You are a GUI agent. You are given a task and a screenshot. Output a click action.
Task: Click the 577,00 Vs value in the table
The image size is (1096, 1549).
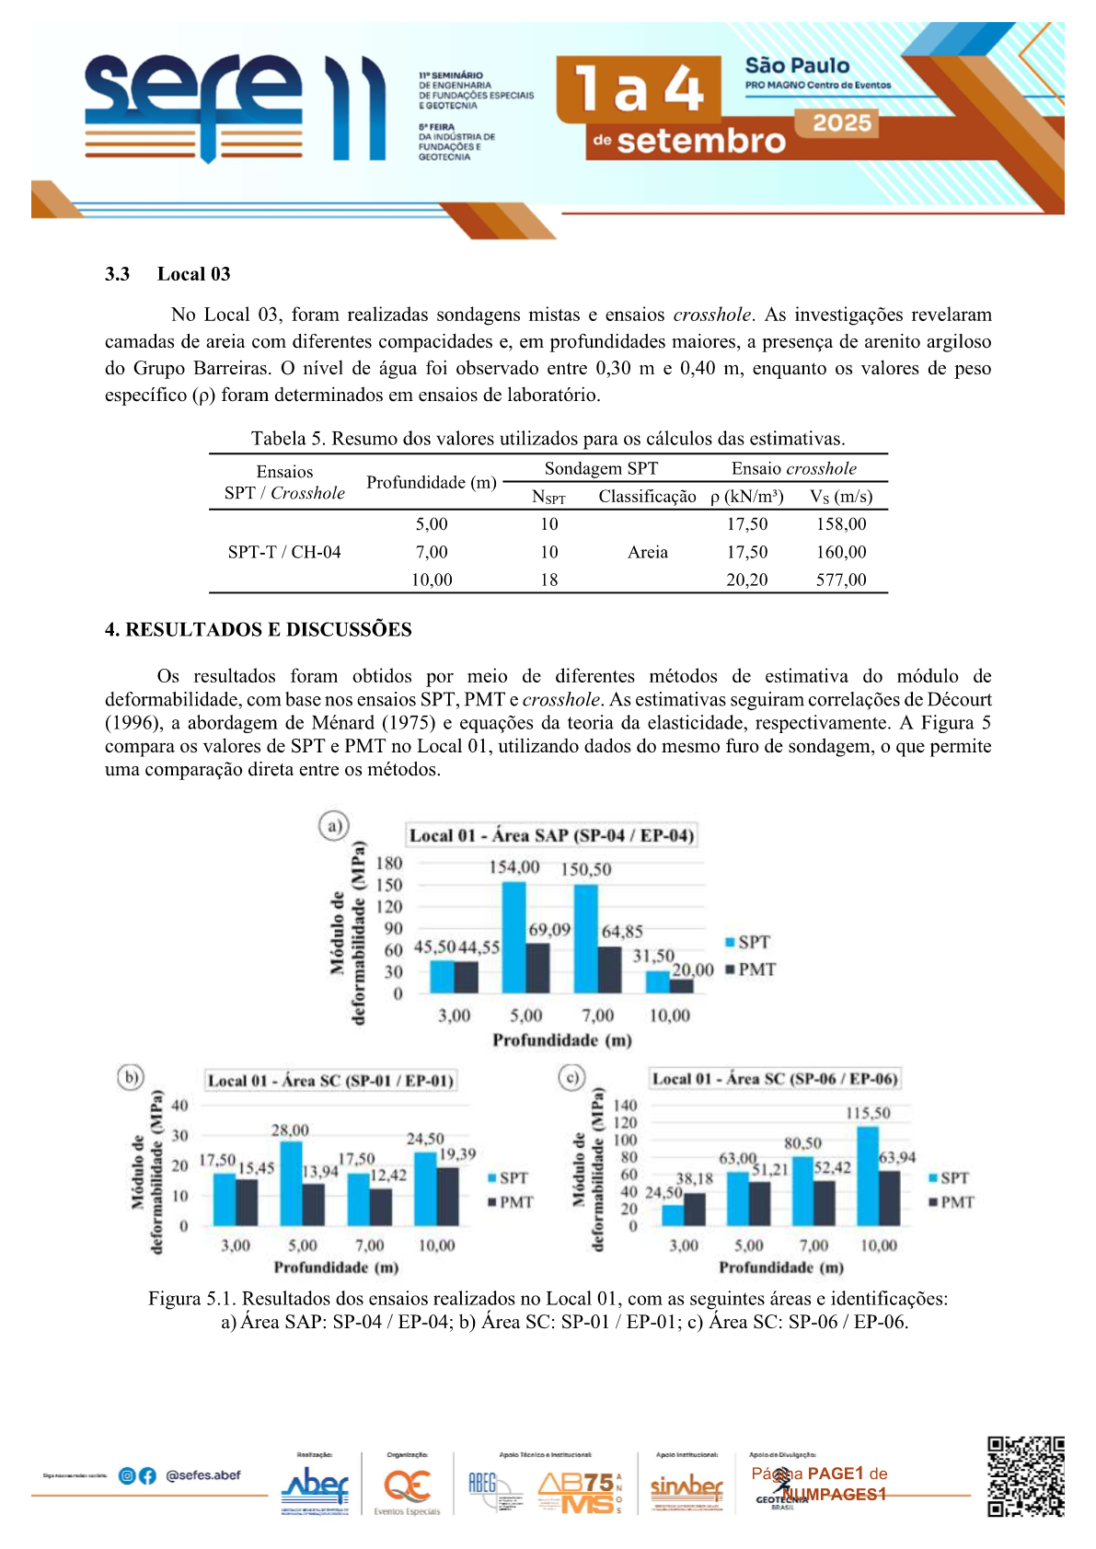point(841,580)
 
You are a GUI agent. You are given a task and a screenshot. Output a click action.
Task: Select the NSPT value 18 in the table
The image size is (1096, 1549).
point(549,580)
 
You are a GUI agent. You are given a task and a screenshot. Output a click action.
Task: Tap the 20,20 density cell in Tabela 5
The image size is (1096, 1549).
point(747,580)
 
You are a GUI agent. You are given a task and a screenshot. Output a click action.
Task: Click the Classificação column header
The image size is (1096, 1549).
point(647,497)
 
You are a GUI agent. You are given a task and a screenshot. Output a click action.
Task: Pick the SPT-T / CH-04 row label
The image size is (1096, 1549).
point(284,552)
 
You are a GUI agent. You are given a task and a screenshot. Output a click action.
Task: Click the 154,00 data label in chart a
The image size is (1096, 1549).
point(513,867)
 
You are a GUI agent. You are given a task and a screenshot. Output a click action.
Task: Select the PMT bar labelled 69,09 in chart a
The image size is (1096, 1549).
point(537,968)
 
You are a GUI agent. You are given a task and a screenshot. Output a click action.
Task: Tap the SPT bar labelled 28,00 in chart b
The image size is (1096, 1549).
point(291,1184)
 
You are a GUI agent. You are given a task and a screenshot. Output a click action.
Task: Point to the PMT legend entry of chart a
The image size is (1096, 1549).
point(751,970)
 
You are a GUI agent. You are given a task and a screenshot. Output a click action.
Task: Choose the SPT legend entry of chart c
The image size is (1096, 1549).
point(949,1178)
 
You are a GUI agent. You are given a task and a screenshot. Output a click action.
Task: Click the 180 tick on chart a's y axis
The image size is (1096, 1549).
point(389,863)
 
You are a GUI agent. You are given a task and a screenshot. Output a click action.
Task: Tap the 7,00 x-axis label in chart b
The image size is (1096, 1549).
point(370,1245)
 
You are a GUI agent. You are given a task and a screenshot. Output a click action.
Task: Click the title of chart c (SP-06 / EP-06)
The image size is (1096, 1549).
point(774,1079)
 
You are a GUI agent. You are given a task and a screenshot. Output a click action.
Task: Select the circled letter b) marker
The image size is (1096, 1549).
point(131,1077)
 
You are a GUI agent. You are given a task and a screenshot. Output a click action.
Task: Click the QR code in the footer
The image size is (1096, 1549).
point(1025,1476)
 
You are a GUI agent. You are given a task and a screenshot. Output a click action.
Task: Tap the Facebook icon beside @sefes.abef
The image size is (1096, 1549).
point(147,1475)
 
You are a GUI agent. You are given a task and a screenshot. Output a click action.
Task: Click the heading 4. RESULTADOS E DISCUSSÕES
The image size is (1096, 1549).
point(258,630)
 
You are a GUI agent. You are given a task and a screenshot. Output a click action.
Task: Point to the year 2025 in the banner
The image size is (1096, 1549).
point(841,123)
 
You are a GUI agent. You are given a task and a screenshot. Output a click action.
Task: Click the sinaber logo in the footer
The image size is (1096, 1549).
point(686,1486)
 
